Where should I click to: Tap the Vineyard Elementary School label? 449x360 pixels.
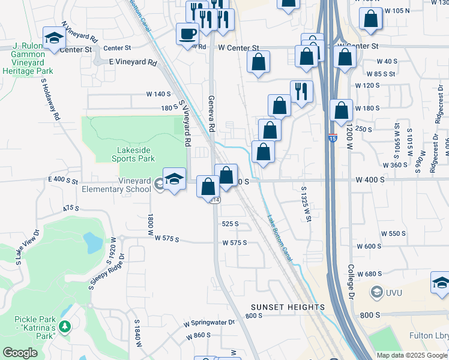[x=118, y=185]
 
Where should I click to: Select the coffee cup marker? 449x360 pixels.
[x=187, y=34]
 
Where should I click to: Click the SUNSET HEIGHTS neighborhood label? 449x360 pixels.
[x=288, y=307]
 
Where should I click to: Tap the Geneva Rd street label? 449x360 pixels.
[x=211, y=114]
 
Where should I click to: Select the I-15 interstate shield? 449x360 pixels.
[x=332, y=138]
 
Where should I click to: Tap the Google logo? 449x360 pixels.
[x=20, y=353]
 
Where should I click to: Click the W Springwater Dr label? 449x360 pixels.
[x=209, y=322]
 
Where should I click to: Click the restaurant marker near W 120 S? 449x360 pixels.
[x=301, y=92]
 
